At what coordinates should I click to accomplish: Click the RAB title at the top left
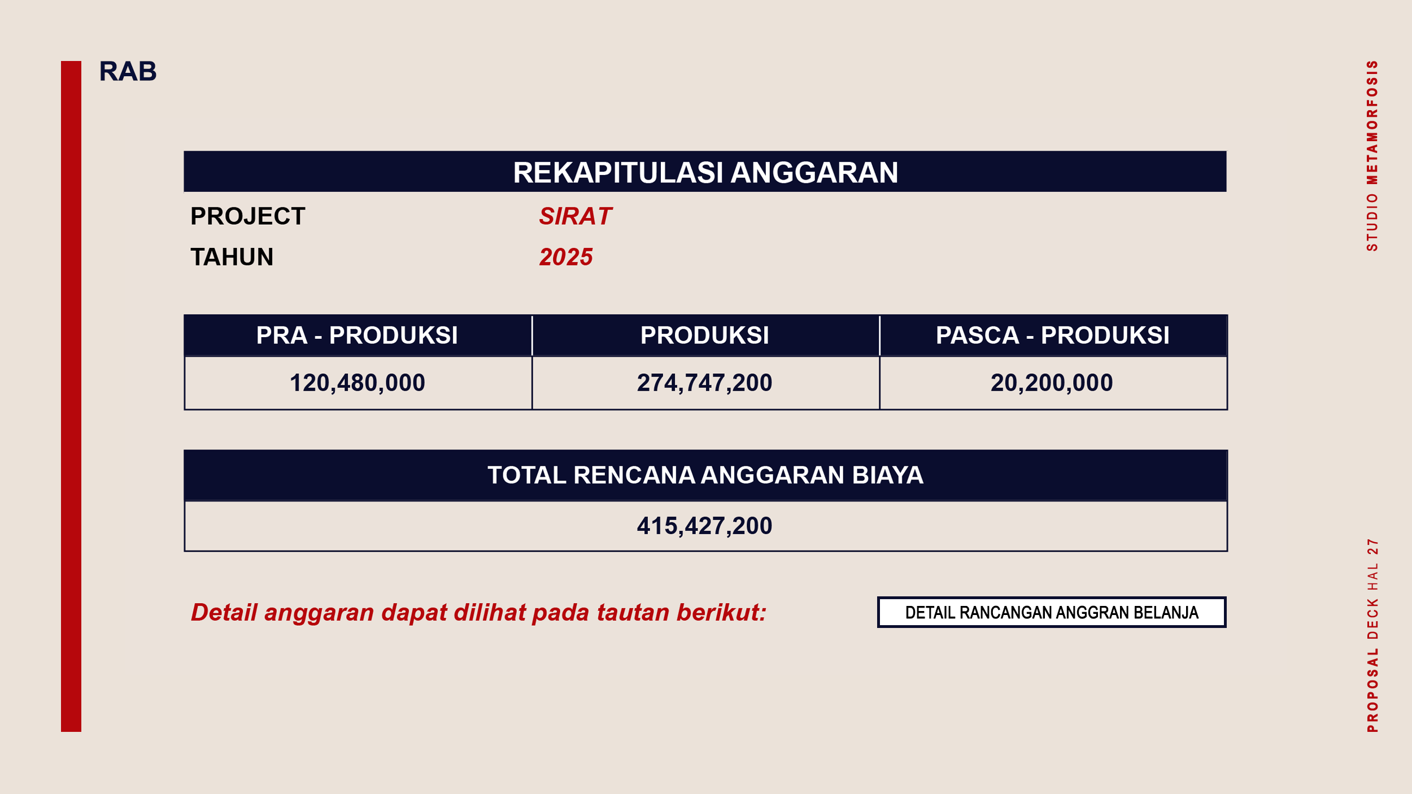128,72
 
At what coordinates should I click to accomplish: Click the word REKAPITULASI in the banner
618,173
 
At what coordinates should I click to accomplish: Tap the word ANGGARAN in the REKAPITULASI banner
814,173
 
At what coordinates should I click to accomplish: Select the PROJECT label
247,216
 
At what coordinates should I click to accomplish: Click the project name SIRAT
575,216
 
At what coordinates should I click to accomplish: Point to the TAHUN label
232,258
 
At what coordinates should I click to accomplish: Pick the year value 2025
566,258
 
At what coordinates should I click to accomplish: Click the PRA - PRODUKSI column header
357,335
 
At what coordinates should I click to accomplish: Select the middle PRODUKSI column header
705,335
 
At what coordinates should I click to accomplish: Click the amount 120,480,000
358,383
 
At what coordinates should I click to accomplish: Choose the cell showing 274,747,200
705,383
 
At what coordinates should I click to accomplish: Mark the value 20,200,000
1052,383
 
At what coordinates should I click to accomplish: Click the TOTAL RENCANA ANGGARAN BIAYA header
705,475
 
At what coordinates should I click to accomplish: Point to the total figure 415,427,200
705,526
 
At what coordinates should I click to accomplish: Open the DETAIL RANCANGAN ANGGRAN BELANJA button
1052,613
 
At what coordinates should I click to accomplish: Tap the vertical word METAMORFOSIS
1372,123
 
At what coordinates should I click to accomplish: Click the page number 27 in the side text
1372,547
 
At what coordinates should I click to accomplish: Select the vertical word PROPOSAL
1372,690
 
